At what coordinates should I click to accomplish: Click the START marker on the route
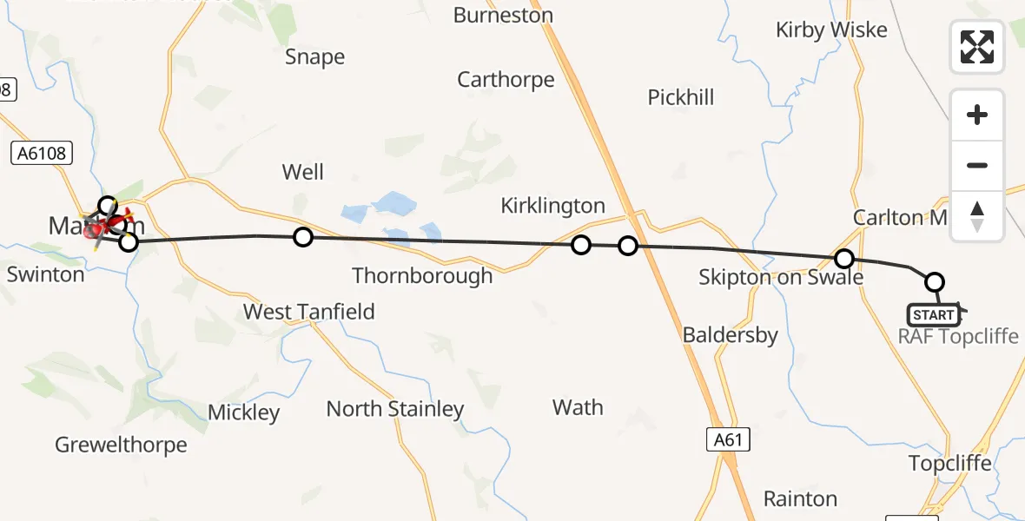tap(934, 314)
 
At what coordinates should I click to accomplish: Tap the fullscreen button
tap(977, 47)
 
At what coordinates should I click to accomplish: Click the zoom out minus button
tap(977, 165)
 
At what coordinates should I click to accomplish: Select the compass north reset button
tap(977, 215)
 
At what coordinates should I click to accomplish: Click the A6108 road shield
tap(42, 154)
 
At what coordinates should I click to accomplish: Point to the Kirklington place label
tap(552, 206)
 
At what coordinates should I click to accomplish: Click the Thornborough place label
tap(422, 276)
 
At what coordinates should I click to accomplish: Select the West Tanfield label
tap(309, 312)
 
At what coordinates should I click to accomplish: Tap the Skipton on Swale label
tap(781, 277)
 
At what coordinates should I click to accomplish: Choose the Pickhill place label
tap(681, 97)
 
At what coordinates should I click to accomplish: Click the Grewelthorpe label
tap(121, 445)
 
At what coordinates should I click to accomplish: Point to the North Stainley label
tap(395, 408)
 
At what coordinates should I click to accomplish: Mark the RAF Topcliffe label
tap(958, 336)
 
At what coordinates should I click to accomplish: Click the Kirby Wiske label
tap(831, 30)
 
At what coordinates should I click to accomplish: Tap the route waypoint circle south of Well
tap(302, 236)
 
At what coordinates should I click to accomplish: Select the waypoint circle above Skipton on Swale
tap(843, 258)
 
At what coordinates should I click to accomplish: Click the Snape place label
tap(315, 57)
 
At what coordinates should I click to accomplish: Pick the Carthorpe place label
tap(506, 80)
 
